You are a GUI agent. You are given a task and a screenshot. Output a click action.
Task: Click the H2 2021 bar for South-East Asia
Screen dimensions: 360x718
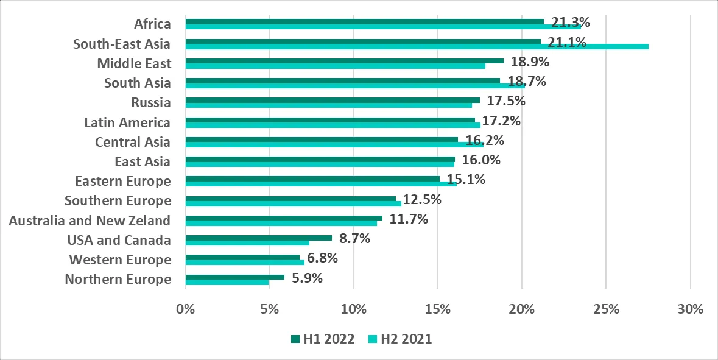point(417,46)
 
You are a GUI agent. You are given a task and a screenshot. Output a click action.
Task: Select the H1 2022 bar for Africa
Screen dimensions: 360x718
point(364,21)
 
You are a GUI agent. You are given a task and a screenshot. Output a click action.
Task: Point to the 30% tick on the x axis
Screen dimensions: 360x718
point(689,309)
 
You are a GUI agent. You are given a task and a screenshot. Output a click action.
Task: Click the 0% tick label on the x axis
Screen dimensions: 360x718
point(185,309)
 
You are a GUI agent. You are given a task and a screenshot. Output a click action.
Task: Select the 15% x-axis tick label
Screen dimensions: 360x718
point(437,309)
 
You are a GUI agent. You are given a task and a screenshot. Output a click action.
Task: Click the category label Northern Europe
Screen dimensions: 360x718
point(118,280)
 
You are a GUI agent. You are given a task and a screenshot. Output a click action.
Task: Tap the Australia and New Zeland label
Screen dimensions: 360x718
point(90,221)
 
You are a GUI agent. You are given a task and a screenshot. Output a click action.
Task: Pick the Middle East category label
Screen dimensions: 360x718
point(134,63)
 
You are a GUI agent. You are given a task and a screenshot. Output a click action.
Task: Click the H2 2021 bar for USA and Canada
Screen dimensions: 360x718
point(247,243)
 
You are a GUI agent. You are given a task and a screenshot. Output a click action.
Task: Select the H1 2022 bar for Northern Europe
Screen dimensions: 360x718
point(234,277)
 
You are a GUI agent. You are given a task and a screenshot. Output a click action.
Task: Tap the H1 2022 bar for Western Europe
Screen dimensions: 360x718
point(242,257)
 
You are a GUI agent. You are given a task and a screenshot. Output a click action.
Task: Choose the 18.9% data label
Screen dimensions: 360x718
point(526,62)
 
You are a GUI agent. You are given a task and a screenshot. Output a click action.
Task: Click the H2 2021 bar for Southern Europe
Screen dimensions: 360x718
point(293,203)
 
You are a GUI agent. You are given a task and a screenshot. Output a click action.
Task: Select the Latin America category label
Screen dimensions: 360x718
point(127,122)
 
